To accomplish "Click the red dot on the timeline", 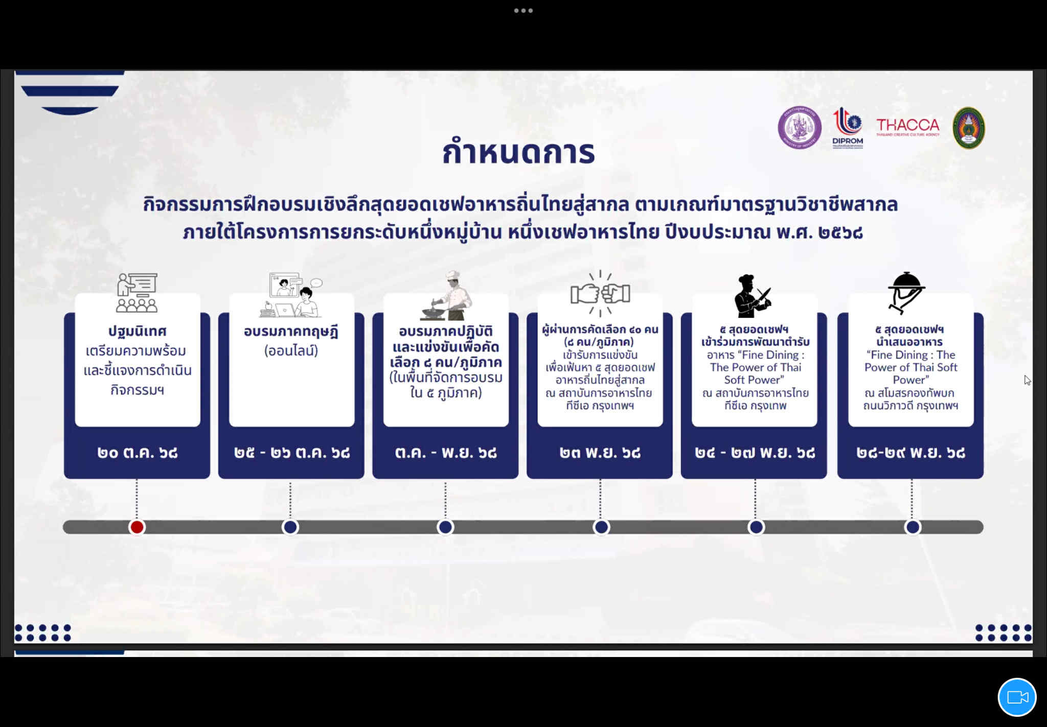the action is pyautogui.click(x=137, y=527).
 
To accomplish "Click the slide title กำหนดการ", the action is pyautogui.click(x=518, y=152).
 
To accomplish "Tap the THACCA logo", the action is pyautogui.click(x=908, y=127).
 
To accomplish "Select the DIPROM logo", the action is pyautogui.click(x=848, y=128).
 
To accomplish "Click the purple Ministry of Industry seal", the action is pyautogui.click(x=800, y=128).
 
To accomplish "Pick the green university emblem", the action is pyautogui.click(x=969, y=128).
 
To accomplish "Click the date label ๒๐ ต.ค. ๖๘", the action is pyautogui.click(x=138, y=453).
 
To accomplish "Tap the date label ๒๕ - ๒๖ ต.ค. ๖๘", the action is pyautogui.click(x=292, y=453).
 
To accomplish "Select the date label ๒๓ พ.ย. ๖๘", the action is pyautogui.click(x=600, y=453).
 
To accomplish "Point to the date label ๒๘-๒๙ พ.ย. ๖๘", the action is pyautogui.click(x=911, y=453).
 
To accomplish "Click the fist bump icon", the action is pyautogui.click(x=600, y=293).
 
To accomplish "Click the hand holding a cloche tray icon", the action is pyautogui.click(x=906, y=293).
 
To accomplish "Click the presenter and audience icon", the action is pyautogui.click(x=137, y=292).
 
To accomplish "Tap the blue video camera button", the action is pyautogui.click(x=1017, y=697).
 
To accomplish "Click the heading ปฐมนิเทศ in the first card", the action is pyautogui.click(x=137, y=331).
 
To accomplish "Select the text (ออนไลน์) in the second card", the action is pyautogui.click(x=291, y=351).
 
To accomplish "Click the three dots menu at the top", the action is pyautogui.click(x=523, y=10).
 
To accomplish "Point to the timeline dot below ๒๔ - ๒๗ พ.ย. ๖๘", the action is pyautogui.click(x=756, y=527).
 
